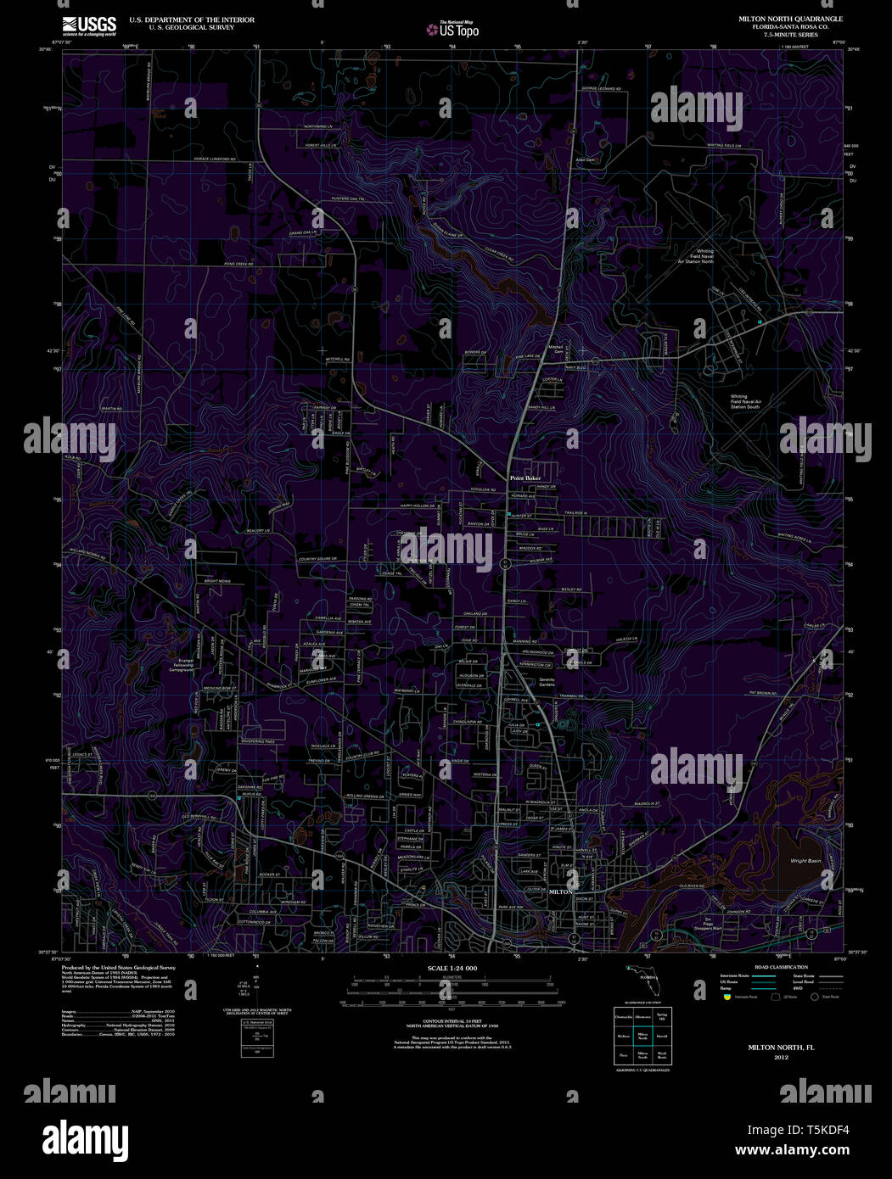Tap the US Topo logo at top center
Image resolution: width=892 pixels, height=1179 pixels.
click(x=452, y=31)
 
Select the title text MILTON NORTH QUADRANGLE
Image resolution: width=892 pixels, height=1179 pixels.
click(x=790, y=18)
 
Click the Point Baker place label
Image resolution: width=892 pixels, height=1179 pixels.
click(x=525, y=478)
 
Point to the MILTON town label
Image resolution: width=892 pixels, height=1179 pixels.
click(x=561, y=892)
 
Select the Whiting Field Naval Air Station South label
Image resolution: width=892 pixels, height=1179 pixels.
click(x=746, y=401)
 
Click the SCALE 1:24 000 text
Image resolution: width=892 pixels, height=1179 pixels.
click(x=452, y=968)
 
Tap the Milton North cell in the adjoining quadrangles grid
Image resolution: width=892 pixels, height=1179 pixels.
click(x=642, y=1036)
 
